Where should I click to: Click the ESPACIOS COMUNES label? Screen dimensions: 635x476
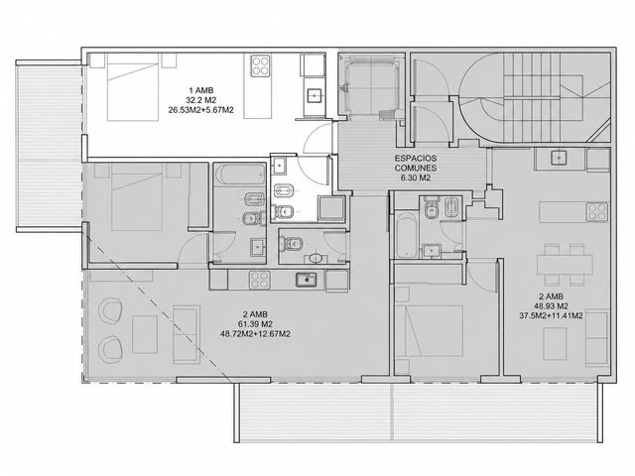416,163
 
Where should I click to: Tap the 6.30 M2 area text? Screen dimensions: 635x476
416,178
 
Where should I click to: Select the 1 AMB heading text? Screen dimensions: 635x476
200,90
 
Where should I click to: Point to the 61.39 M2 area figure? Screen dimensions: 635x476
255,324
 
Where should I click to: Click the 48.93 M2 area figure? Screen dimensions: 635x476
551,306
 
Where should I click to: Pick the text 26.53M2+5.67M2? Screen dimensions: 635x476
200,109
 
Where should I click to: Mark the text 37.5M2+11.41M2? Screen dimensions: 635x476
551,315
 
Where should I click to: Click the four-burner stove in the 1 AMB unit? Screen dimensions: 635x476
261,66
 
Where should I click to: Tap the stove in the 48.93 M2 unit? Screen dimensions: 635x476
597,211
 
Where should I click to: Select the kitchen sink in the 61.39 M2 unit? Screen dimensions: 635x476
307,280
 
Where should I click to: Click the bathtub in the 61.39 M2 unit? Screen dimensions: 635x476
239,175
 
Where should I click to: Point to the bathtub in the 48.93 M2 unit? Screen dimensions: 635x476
406,236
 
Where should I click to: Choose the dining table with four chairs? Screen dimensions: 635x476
565,265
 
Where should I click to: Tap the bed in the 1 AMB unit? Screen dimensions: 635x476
132,87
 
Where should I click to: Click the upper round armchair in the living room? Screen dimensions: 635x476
110,310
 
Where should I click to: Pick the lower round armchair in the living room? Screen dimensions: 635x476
110,348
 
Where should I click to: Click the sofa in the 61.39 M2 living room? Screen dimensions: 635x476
187,334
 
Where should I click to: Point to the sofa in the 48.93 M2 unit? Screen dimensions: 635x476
597,338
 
